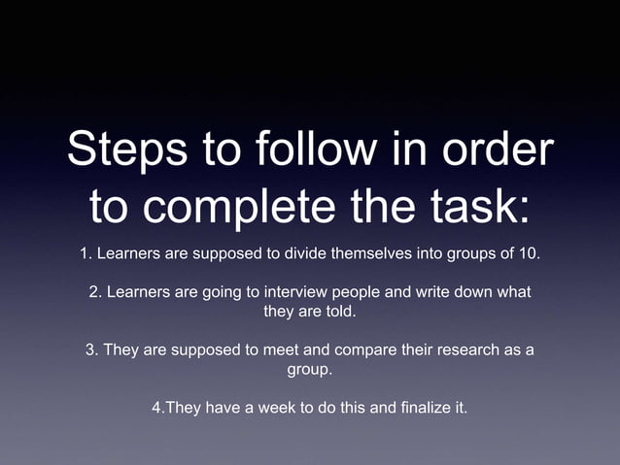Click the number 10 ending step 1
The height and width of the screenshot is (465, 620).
[x=529, y=254]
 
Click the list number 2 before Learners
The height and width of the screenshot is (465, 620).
[x=93, y=293]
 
